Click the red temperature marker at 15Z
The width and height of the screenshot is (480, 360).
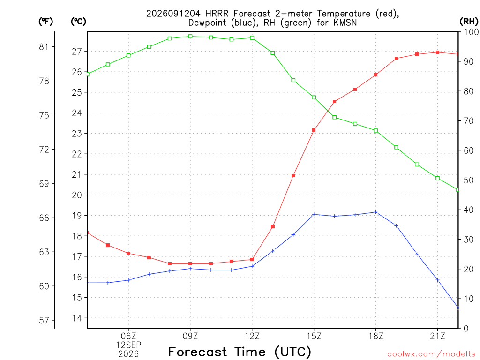pyautogui.click(x=314, y=130)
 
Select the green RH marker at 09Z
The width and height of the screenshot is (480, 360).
pyautogui.click(x=190, y=37)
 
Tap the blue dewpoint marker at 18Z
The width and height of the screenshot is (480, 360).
pyautogui.click(x=376, y=212)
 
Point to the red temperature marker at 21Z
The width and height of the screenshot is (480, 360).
pyautogui.click(x=437, y=52)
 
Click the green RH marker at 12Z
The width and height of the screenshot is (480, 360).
pyautogui.click(x=252, y=38)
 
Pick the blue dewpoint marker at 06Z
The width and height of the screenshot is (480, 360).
pyautogui.click(x=128, y=280)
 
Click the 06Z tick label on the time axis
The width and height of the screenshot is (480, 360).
pyautogui.click(x=128, y=336)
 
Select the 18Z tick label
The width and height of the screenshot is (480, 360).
pyautogui.click(x=376, y=336)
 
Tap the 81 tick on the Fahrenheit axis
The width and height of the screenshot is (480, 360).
pyautogui.click(x=44, y=47)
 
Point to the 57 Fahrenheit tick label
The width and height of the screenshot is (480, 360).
pyautogui.click(x=44, y=320)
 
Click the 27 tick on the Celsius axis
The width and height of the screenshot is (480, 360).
pyautogui.click(x=77, y=52)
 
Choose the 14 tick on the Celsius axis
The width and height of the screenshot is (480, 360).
pyautogui.click(x=77, y=318)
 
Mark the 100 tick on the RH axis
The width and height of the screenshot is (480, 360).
pyautogui.click(x=471, y=32)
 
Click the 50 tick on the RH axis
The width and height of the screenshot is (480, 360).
pyautogui.click(x=469, y=180)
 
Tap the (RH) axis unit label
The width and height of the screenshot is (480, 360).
pyautogui.click(x=469, y=21)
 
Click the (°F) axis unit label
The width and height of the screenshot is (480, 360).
pyautogui.click(x=45, y=22)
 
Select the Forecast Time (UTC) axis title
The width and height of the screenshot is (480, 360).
pyautogui.click(x=240, y=352)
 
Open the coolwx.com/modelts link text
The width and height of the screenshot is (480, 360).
pyautogui.click(x=431, y=354)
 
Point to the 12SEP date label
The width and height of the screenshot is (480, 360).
pyautogui.click(x=128, y=345)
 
